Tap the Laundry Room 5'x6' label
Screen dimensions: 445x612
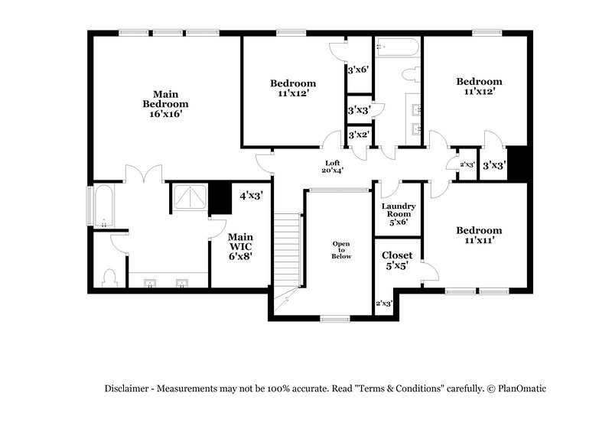point(399,215)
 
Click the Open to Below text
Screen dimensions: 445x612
point(341,250)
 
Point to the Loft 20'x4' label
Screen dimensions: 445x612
point(332,167)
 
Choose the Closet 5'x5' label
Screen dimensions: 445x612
point(399,261)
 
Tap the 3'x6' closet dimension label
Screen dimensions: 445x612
point(359,70)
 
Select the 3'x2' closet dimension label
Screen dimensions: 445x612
point(359,135)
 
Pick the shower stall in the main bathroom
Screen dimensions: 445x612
point(188,199)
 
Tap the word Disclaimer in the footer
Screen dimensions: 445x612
point(128,388)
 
